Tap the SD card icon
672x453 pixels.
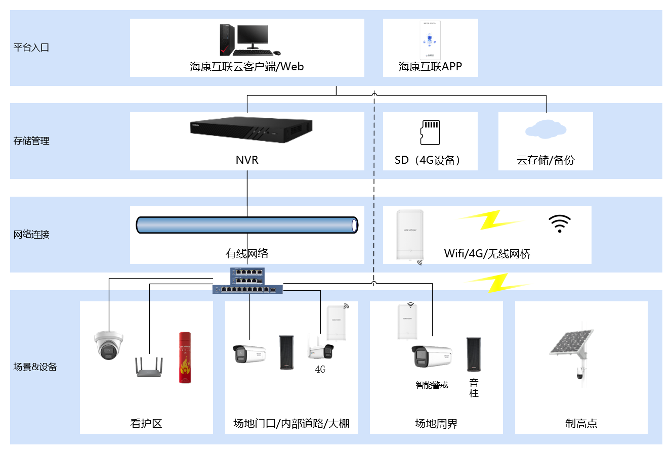(430, 132)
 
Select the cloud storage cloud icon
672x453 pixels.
(545, 128)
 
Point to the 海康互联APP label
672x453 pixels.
(430, 66)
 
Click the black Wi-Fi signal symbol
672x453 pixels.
(560, 223)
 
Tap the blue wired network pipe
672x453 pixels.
(247, 225)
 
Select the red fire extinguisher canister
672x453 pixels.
(185, 357)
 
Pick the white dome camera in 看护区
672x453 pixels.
(109, 345)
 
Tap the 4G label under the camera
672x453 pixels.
(320, 370)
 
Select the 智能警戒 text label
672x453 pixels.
(432, 385)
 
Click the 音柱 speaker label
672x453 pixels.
(474, 388)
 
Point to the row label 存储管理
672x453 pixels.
(31, 141)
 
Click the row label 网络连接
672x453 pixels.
(31, 235)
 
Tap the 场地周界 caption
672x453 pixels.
(436, 424)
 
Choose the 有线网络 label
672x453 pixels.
(247, 254)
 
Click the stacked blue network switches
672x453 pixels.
(247, 281)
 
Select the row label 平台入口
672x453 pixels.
(31, 48)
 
